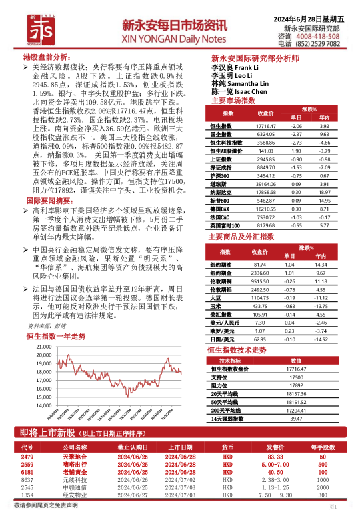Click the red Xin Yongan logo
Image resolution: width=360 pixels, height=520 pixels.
(x=29, y=26)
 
